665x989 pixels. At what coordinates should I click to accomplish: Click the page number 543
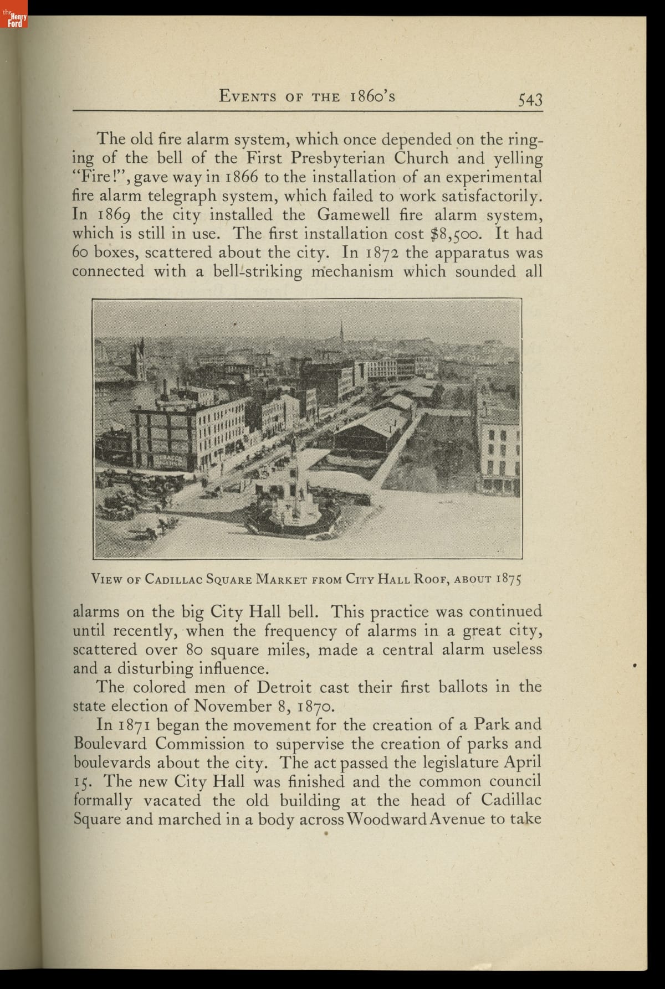(530, 100)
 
